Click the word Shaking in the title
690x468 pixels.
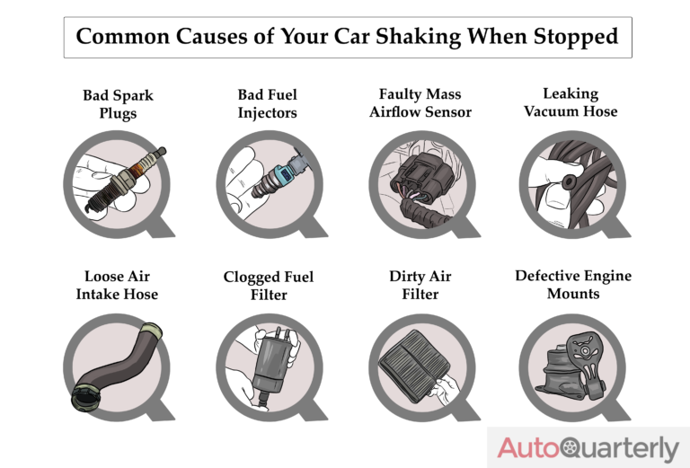click(x=418, y=37)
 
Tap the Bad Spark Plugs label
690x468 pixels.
click(x=118, y=104)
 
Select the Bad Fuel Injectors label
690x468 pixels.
click(x=268, y=104)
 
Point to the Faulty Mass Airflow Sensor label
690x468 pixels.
click(x=420, y=103)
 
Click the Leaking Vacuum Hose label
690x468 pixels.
click(x=571, y=102)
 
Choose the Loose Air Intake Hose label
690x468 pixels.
click(x=117, y=285)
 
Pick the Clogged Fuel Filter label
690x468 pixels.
click(x=269, y=286)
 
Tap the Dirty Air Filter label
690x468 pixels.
click(x=420, y=285)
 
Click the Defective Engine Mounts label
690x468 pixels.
click(x=573, y=285)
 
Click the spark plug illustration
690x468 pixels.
click(x=126, y=180)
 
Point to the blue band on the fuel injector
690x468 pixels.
click(x=280, y=173)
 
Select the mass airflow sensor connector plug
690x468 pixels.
click(x=421, y=177)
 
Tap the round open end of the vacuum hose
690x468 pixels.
click(x=569, y=181)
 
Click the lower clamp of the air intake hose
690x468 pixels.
click(x=85, y=399)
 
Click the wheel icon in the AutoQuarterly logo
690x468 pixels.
click(x=571, y=448)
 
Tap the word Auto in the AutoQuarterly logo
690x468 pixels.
click(x=529, y=447)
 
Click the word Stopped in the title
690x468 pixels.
click(x=576, y=37)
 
